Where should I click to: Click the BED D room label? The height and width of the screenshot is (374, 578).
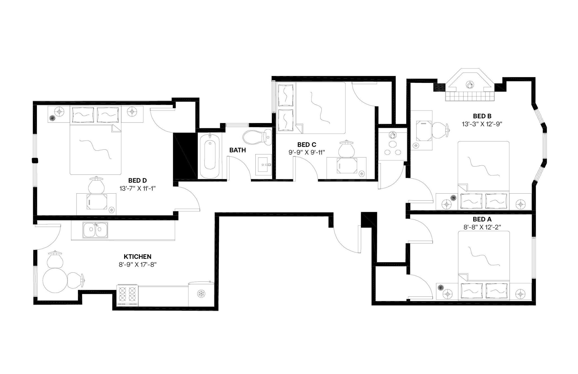137,180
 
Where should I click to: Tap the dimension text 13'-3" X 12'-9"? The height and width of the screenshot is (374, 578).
482,124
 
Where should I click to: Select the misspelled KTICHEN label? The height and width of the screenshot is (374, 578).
137,257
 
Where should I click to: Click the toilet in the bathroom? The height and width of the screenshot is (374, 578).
257,137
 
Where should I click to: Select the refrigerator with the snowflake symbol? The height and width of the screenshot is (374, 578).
201,294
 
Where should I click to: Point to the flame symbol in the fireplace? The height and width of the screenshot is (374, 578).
469,85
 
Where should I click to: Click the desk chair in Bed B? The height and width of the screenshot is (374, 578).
440,130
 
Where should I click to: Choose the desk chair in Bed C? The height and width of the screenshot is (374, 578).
346,149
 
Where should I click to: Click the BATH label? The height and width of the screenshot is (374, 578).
237,150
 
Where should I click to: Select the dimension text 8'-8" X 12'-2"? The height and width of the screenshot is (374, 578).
482,227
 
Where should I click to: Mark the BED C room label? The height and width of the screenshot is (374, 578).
307,145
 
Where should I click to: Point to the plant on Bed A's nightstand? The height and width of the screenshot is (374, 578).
441,288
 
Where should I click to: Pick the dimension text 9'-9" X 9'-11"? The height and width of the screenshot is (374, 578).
307,152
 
